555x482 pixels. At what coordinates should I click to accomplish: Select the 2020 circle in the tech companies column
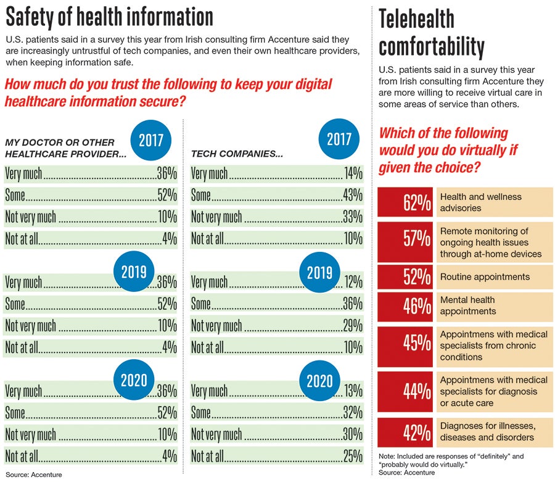[x=319, y=381]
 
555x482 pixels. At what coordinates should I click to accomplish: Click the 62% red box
[x=405, y=202]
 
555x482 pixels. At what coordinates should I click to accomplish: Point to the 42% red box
[x=405, y=432]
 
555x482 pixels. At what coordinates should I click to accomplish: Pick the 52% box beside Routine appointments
[x=405, y=278]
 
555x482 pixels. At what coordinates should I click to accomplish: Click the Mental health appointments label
[x=469, y=305]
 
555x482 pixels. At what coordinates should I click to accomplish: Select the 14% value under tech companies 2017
[x=353, y=174]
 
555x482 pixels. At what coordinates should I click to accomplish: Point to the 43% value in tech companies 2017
[x=352, y=196]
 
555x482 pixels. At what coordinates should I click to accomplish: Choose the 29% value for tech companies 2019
[x=352, y=326]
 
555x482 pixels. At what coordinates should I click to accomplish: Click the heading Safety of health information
[x=109, y=16]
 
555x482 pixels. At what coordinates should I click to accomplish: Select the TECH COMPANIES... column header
[x=237, y=154]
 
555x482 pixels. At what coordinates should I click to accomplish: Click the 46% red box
[x=405, y=305]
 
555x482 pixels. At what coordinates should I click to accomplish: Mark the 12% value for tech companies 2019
[x=353, y=283]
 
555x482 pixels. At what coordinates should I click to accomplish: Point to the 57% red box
[x=405, y=242]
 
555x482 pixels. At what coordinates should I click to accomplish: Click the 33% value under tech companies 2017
[x=352, y=217]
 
